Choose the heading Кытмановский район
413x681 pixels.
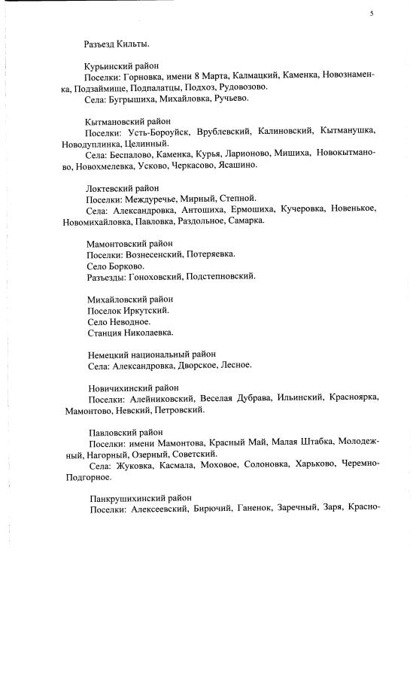point(128,120)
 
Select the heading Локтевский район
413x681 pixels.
point(123,187)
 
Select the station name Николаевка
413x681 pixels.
point(150,332)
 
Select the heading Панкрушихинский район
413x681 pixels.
point(140,498)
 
